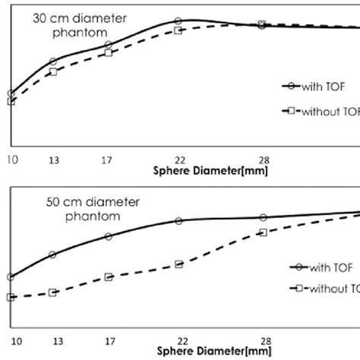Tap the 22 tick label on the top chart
click(178, 160)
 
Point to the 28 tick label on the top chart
click(262, 160)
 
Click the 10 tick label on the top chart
click(11, 160)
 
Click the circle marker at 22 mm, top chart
click(178, 21)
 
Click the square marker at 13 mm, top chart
click(53, 71)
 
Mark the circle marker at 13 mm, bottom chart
click(52, 254)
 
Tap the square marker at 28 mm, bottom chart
click(263, 232)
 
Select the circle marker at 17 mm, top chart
click(108, 45)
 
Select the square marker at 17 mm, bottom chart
click(108, 277)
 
